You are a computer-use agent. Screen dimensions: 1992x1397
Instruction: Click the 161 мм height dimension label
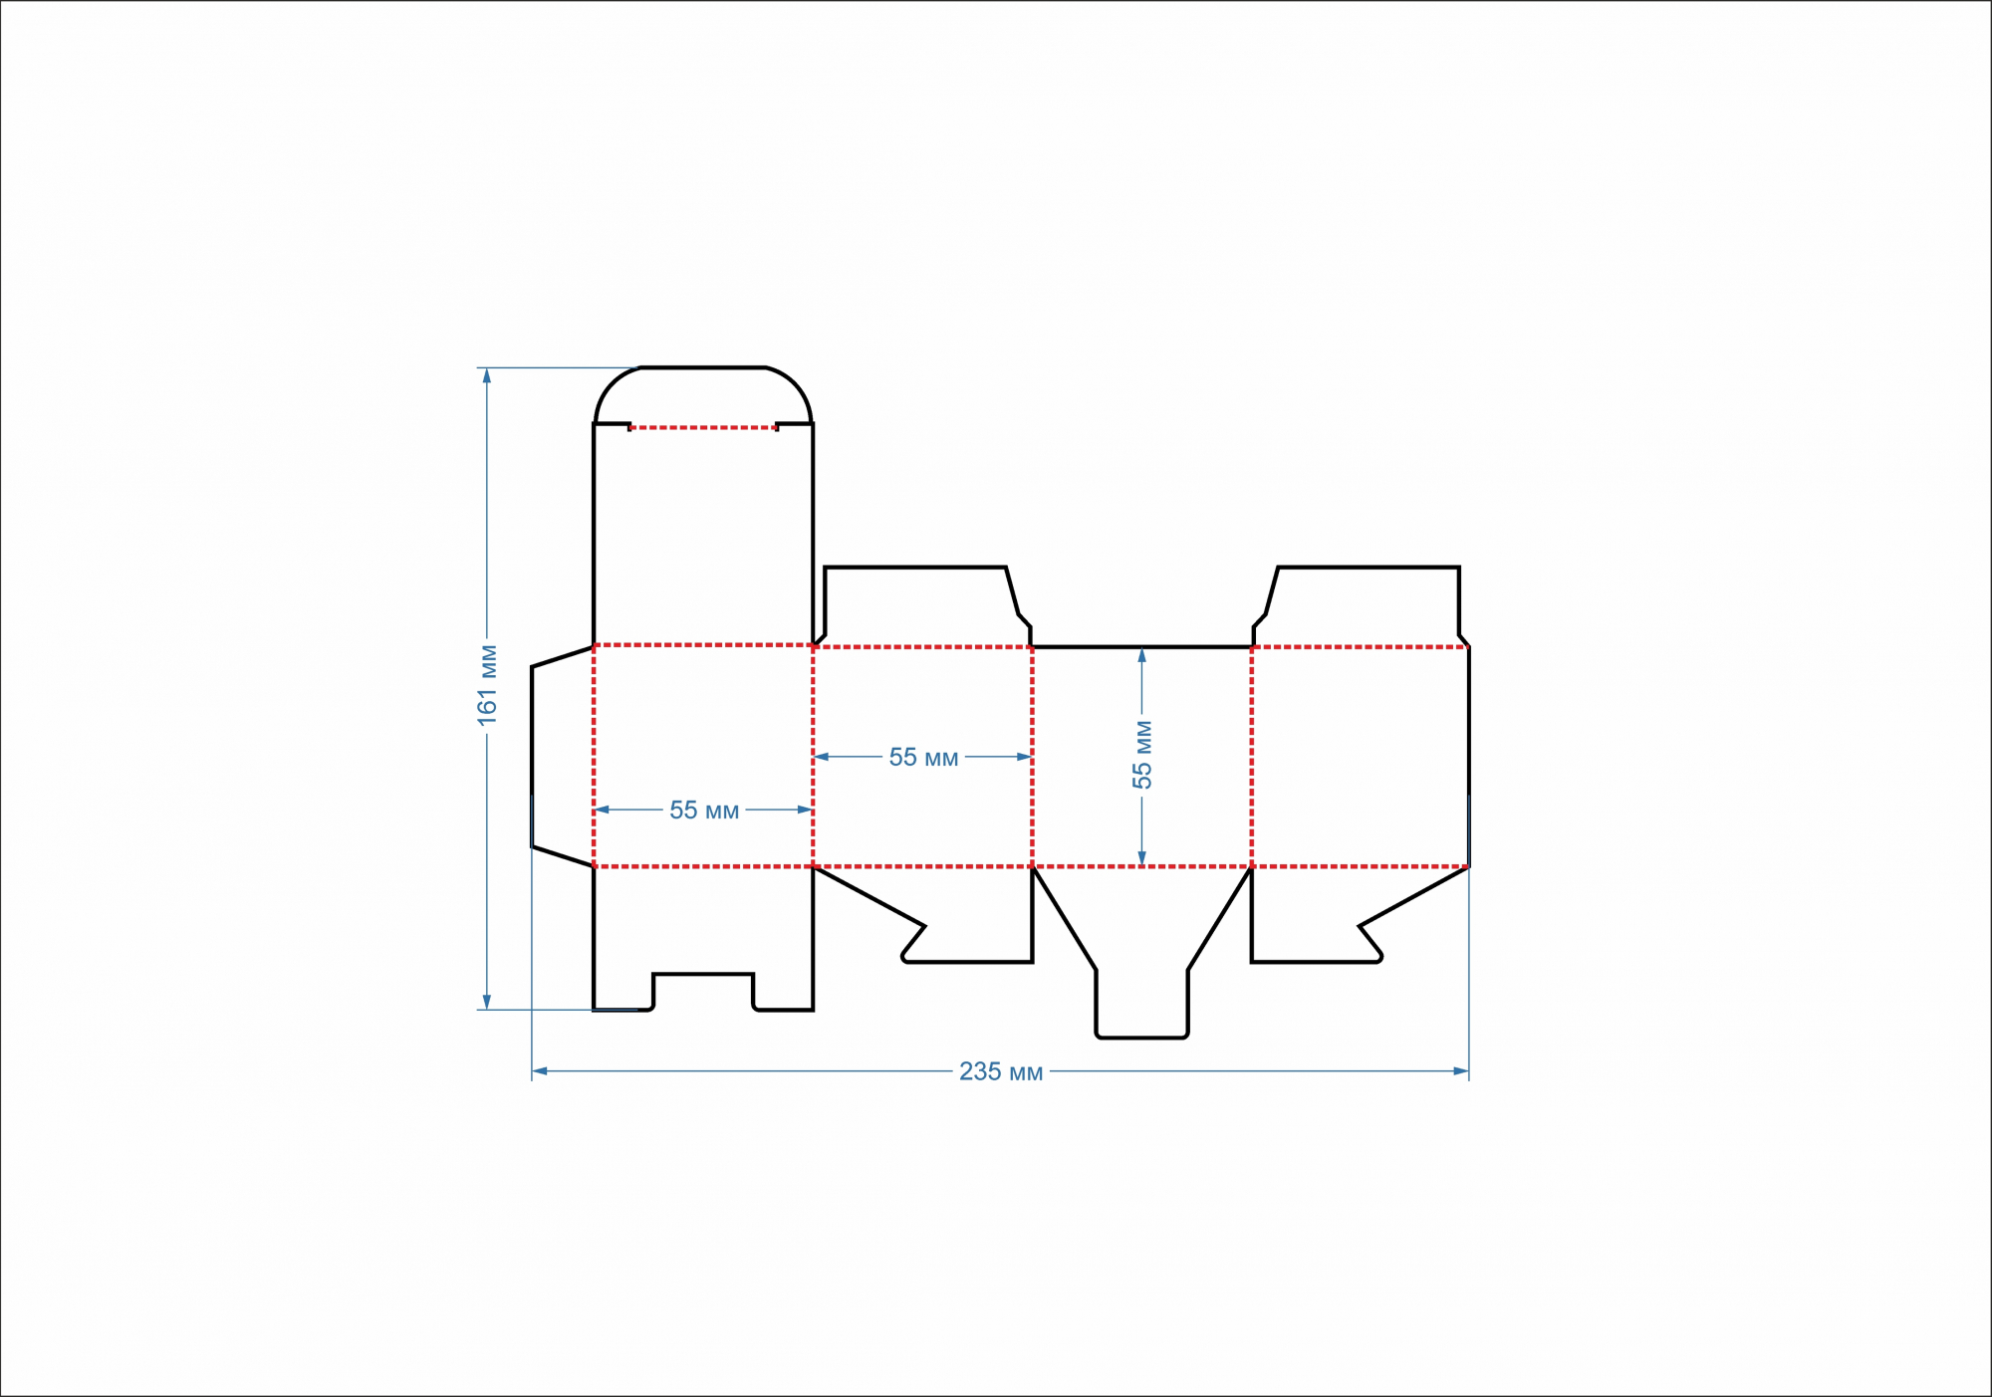487,685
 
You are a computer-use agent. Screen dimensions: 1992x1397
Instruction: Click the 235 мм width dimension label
1001,1071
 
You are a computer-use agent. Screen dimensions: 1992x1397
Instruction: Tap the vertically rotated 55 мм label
1141,755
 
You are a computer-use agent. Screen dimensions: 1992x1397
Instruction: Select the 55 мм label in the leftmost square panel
704,811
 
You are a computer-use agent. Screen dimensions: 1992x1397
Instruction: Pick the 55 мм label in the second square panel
923,758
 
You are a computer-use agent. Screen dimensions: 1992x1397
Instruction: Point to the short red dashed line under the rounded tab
703,427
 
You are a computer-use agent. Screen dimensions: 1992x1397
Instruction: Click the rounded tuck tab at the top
703,396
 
